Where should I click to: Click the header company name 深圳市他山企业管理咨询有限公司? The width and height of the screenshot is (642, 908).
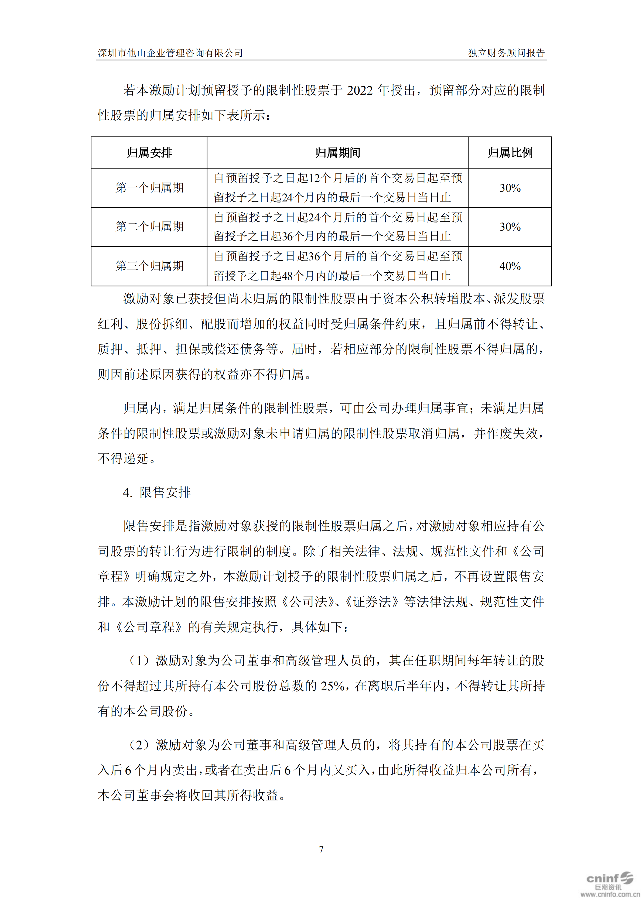coord(170,53)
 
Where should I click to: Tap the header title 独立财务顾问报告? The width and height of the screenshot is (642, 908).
coord(506,53)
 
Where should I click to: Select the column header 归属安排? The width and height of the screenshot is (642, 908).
coord(149,153)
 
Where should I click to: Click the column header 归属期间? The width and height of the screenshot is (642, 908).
coord(337,153)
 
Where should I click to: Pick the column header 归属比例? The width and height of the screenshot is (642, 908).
coord(510,153)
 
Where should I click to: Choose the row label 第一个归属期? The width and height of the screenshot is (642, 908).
coord(149,187)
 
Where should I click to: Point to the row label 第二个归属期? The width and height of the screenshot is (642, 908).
coord(149,227)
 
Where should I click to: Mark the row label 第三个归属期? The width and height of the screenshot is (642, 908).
coord(149,266)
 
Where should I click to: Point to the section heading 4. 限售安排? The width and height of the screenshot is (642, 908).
coord(157,492)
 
